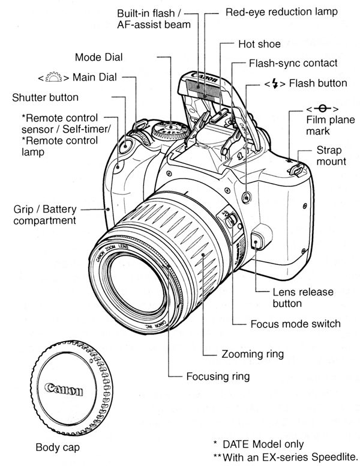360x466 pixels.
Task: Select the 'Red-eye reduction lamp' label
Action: [281, 11]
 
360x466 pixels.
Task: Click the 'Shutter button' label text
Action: [44, 97]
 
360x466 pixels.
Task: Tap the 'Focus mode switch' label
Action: [295, 324]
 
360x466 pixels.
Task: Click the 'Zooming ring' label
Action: [253, 354]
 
